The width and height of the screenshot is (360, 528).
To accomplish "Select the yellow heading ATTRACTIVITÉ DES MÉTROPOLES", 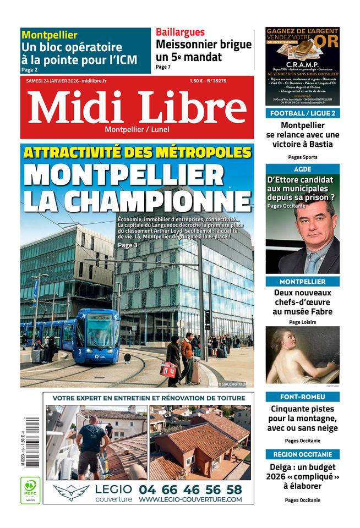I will [x=138, y=152].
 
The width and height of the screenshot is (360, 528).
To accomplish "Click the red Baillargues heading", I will [x=180, y=32].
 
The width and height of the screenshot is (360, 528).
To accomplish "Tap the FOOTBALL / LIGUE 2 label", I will [x=302, y=113].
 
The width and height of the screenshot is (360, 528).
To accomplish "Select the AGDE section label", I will [x=302, y=169].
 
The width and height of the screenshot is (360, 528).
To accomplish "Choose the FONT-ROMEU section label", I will [x=302, y=397].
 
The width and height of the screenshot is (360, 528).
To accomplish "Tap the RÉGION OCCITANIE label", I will [x=302, y=454].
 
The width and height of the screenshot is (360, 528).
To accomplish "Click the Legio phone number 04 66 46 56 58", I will [x=190, y=489].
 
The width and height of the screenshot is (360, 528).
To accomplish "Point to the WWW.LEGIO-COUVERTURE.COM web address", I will [x=190, y=499].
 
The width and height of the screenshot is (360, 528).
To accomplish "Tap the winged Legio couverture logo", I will [x=72, y=491].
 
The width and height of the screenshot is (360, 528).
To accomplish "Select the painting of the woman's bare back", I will [x=302, y=355].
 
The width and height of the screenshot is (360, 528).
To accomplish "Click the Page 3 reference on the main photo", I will [x=127, y=245].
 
